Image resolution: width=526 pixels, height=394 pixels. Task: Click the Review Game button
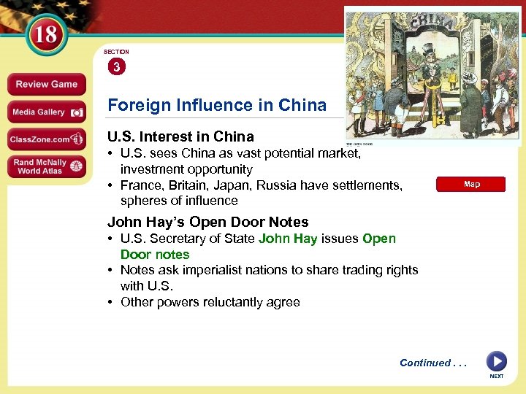coord(46,84)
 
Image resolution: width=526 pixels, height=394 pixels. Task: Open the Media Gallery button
coord(46,112)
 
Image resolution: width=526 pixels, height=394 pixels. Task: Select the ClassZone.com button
coord(46,139)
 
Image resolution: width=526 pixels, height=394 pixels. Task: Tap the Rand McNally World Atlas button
coord(46,166)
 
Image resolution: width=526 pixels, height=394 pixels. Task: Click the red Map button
coord(471,185)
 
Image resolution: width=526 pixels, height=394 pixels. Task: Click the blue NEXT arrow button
coord(496,361)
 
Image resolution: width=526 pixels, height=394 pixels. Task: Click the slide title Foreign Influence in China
coord(217,105)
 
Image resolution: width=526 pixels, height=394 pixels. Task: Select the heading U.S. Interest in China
coord(180,136)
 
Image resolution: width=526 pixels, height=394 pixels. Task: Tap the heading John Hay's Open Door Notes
coord(207,222)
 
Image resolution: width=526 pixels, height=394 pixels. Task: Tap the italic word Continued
coord(424,363)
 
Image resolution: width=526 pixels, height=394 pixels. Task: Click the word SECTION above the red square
coord(116,52)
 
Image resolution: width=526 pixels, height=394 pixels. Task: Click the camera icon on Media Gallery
coord(77,112)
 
